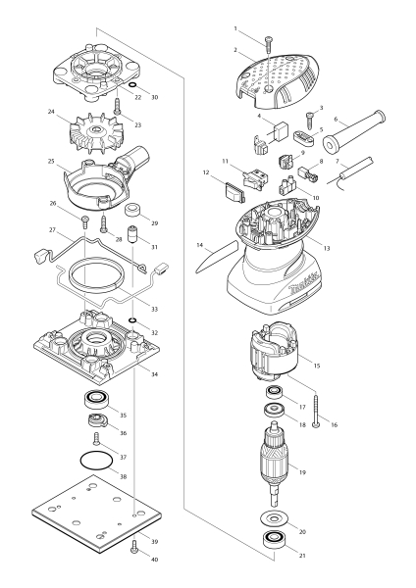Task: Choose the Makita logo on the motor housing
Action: tap(305, 284)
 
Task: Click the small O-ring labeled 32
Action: tap(131, 319)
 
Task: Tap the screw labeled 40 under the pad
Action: tap(134, 550)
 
